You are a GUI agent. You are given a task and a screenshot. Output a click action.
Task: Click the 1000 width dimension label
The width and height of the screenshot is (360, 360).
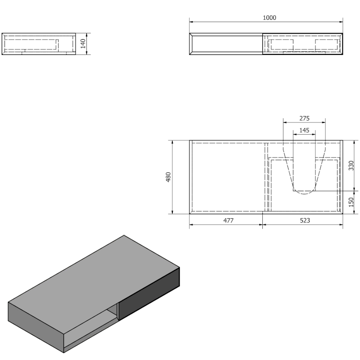[x=269, y=18]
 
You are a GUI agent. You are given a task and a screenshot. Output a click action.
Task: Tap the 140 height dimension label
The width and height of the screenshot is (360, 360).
[x=83, y=44]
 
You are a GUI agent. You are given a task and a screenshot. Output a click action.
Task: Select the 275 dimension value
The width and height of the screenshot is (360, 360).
[x=305, y=118]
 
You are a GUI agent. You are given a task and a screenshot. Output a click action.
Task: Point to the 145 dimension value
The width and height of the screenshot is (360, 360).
[x=305, y=130]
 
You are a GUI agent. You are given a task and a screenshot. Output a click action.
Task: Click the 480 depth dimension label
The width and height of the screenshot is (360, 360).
[x=168, y=177]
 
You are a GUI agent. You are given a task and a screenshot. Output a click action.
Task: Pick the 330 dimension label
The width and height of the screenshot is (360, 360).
[x=351, y=166]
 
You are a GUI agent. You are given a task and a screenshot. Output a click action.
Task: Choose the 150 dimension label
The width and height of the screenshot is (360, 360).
[x=351, y=202]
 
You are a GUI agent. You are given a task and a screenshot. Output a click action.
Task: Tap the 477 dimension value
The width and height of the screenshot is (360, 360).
[x=229, y=220]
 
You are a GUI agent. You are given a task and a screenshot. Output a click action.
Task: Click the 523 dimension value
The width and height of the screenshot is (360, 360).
[x=305, y=220]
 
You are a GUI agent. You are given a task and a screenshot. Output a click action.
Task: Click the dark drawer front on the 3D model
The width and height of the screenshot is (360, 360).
[x=149, y=294]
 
